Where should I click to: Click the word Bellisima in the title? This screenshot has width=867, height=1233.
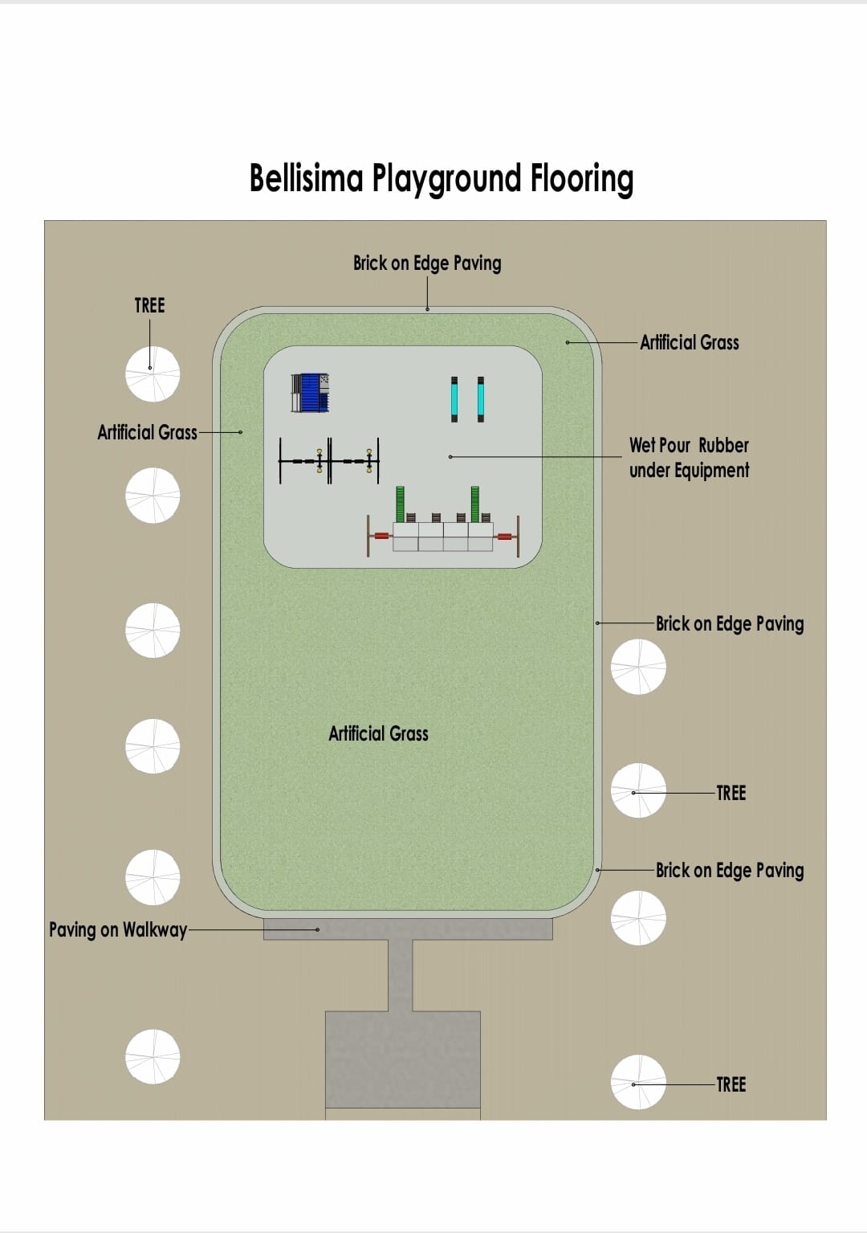[x=306, y=178]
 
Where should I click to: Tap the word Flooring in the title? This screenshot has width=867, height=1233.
[x=581, y=179]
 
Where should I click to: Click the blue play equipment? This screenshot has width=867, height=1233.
[x=310, y=394]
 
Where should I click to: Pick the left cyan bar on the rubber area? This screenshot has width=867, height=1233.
[x=454, y=398]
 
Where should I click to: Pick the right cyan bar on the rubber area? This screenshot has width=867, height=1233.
[x=480, y=398]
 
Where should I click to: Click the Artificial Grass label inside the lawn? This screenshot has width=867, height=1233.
[x=378, y=733]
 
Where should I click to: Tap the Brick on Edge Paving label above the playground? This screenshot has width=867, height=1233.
[x=427, y=263]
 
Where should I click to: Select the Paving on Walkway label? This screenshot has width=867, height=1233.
[x=118, y=930]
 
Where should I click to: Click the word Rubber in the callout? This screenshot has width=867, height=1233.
[x=723, y=446]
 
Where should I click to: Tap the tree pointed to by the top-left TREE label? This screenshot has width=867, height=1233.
[x=153, y=374]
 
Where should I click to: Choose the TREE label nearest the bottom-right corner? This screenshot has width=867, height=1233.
[x=731, y=1084]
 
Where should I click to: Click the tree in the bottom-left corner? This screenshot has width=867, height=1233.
[x=153, y=1056]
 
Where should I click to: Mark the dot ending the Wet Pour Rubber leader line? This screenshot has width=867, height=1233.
[x=450, y=457]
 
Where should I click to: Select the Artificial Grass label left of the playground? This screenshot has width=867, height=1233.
[x=147, y=433]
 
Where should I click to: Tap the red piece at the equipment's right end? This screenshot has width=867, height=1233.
[x=504, y=536]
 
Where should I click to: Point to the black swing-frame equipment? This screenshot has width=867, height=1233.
[x=328, y=461]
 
